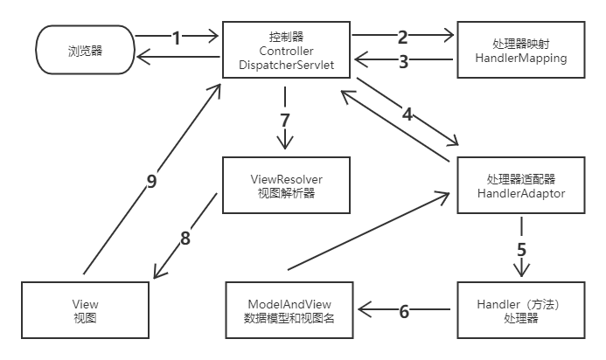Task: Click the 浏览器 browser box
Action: pos(85,51)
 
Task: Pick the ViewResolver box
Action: pos(286,185)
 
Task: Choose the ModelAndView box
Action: pos(289,310)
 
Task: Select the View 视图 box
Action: pos(85,310)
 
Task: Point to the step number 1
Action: pos(177,38)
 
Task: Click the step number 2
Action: pos(402,38)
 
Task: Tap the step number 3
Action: pos(402,62)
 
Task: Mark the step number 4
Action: pos(407,112)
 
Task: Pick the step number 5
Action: pos(521,246)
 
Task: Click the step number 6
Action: pos(404,309)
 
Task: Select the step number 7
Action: pos(284,118)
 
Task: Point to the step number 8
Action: pos(185,237)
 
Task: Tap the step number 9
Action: pos(151,181)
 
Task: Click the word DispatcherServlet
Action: pos(285,66)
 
